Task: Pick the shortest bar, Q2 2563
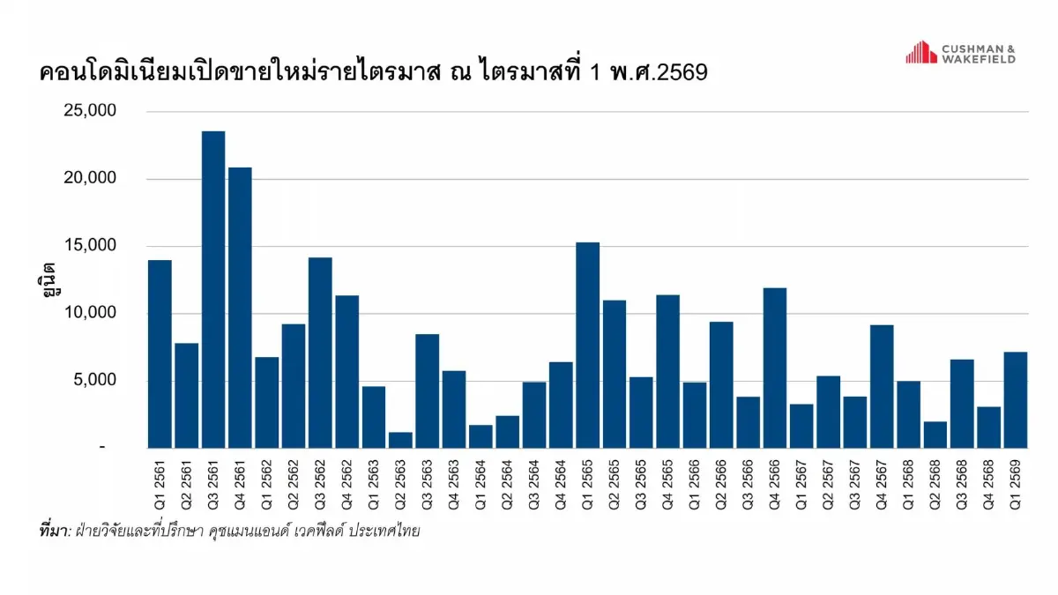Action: click(x=400, y=440)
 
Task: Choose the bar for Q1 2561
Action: click(x=160, y=353)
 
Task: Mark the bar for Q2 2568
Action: click(x=935, y=435)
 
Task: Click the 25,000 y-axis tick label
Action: click(x=91, y=111)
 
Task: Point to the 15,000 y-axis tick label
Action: click(x=91, y=246)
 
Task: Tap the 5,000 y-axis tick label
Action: click(x=96, y=381)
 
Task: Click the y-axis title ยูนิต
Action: click(x=49, y=279)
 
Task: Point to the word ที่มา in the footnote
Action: click(x=54, y=532)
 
